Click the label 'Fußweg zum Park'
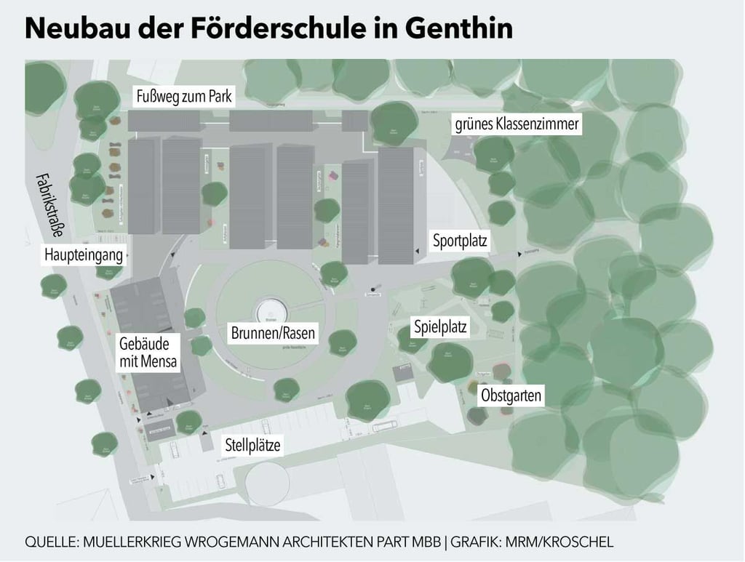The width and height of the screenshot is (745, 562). (x=182, y=97)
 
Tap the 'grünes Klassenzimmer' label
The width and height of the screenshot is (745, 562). (x=517, y=124)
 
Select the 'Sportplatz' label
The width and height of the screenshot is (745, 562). (x=460, y=241)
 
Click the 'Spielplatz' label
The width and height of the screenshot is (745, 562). (x=440, y=326)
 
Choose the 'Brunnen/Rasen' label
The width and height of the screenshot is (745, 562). (x=274, y=334)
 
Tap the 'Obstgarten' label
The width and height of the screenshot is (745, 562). (x=511, y=396)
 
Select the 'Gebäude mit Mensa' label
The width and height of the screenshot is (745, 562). (x=148, y=353)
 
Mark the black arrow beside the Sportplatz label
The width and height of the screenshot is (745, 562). (x=417, y=250)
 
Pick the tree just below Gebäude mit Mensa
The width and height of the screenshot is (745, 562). (x=189, y=420)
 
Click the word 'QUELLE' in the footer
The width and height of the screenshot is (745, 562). (x=51, y=542)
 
